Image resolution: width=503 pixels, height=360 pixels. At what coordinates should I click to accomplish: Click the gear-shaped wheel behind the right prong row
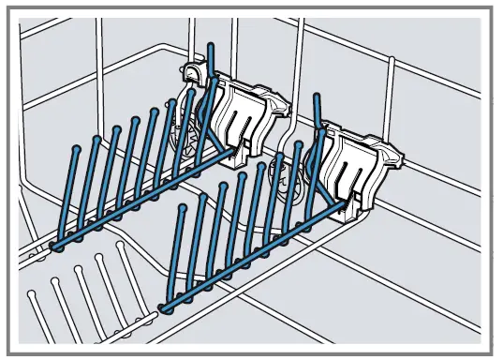click(x=282, y=175)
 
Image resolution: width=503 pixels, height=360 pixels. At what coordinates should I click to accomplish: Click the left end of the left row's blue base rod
click(x=54, y=246)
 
